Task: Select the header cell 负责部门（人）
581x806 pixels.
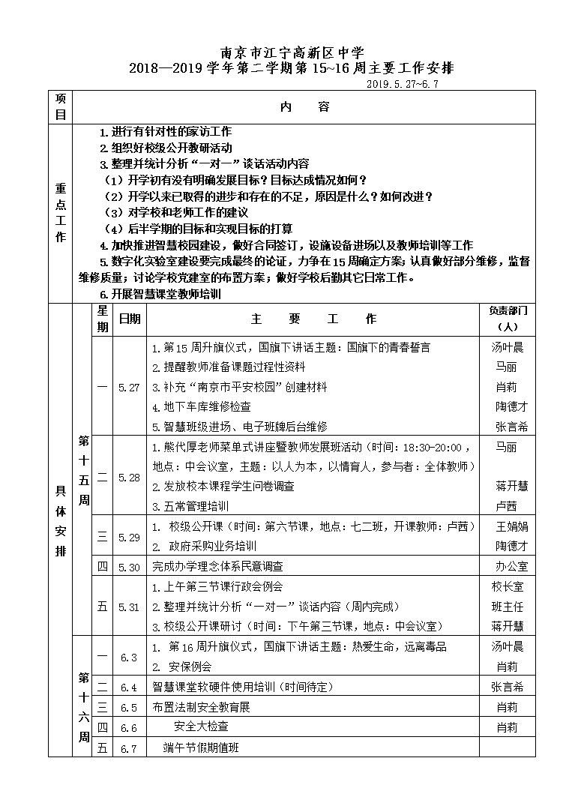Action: (508, 319)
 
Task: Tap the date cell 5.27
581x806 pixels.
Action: (129, 387)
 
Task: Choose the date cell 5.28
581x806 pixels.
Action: (129, 477)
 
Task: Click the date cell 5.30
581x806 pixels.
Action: (129, 567)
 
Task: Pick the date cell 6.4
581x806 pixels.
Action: (129, 687)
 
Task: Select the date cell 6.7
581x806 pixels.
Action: (129, 748)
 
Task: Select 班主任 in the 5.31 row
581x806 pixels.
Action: (507, 607)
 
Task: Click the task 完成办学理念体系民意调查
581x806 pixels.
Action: (217, 567)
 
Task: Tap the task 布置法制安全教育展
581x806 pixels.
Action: (201, 707)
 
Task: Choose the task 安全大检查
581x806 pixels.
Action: (201, 727)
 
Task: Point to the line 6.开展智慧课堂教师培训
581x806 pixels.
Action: (160, 295)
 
